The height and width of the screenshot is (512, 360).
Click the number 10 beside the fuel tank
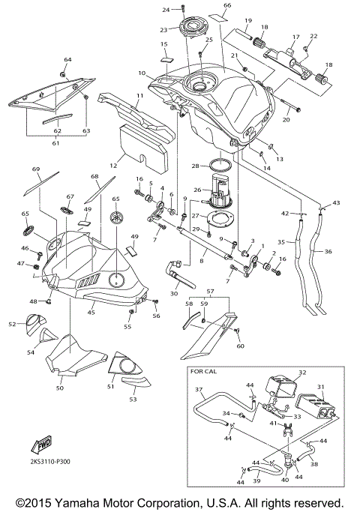(x=142, y=73)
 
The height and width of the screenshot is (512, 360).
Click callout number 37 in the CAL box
(x=199, y=390)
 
